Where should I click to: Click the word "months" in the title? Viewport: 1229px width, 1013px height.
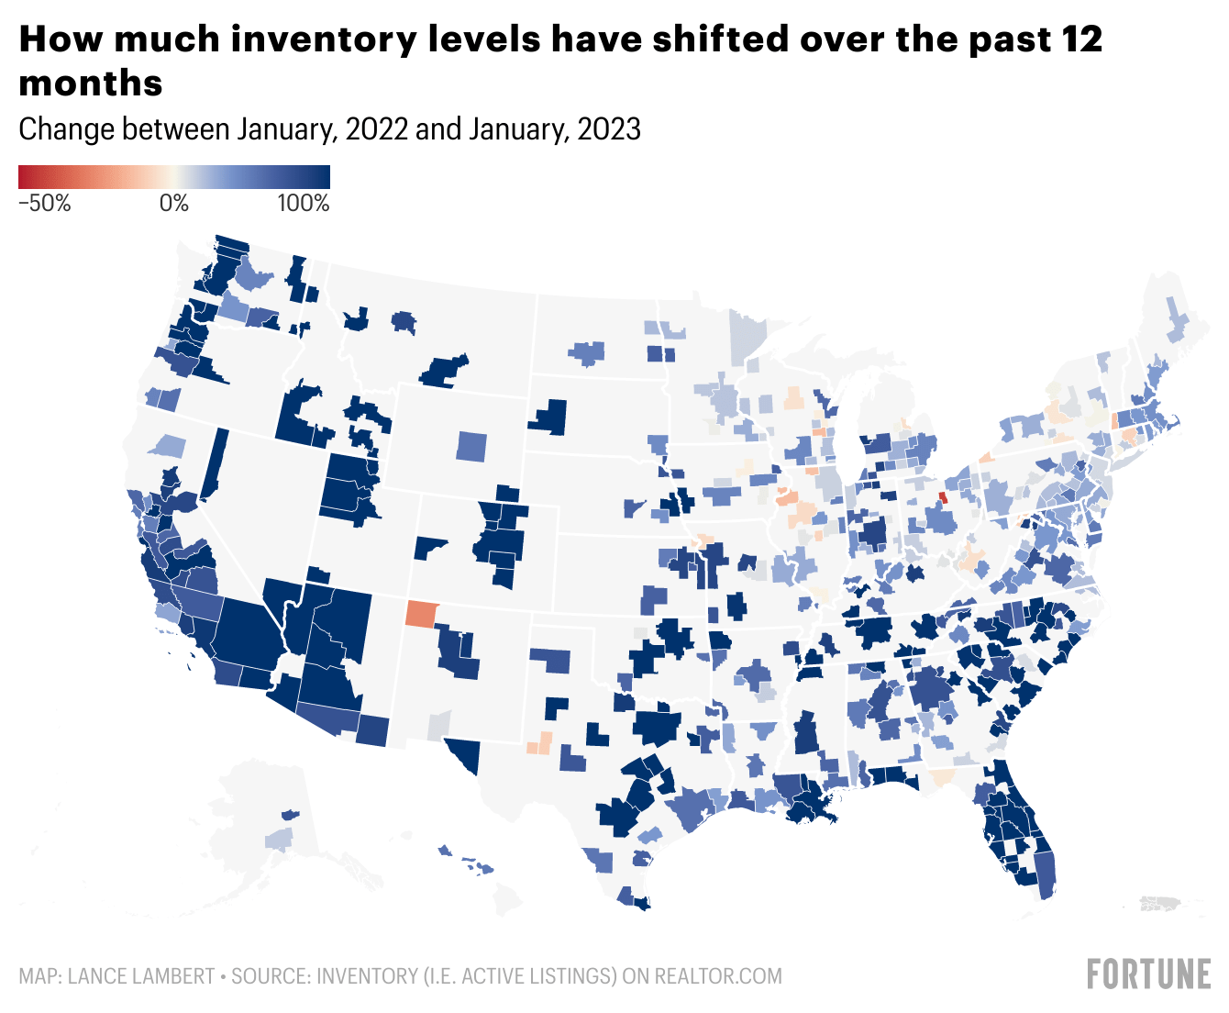91,83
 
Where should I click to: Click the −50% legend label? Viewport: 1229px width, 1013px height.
44,204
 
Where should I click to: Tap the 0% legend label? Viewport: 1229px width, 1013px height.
173,204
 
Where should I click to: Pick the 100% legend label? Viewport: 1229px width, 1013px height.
304,204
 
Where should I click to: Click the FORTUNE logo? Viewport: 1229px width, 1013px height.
1148,974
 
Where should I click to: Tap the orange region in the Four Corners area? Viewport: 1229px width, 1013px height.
423,614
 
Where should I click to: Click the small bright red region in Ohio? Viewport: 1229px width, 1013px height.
943,497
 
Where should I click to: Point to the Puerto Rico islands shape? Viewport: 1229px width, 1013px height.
1163,904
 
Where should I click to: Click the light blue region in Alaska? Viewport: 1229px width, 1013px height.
279,839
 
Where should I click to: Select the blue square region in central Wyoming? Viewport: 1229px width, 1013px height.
472,446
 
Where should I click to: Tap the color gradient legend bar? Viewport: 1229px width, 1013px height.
173,177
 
